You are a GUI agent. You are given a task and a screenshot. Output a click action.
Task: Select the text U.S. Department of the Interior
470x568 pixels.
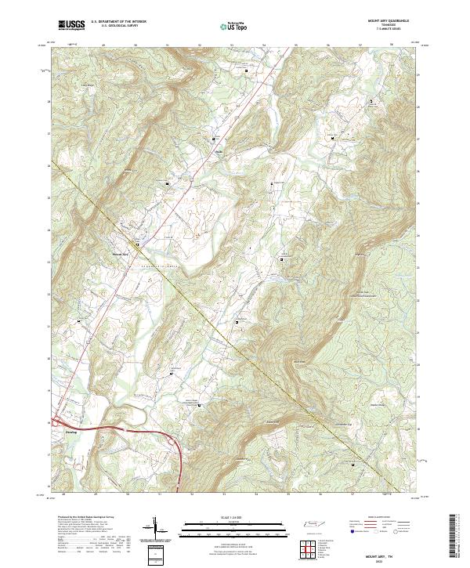[x=118, y=23]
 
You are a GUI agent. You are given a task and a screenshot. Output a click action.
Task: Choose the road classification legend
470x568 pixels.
[x=380, y=526]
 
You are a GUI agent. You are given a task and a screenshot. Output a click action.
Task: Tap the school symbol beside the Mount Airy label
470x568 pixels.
[x=137, y=245]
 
